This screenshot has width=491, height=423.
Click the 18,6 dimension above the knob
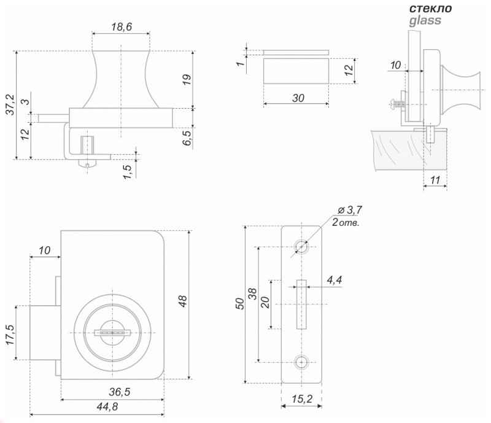tap(122, 27)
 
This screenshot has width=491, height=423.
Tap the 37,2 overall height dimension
tap(10, 104)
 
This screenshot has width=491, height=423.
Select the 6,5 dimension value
tap(187, 138)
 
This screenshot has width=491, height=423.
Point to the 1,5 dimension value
tap(127, 172)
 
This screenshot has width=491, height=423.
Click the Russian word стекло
tap(431, 8)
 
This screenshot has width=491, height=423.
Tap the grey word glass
tap(425, 21)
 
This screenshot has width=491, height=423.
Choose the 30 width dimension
tap(298, 98)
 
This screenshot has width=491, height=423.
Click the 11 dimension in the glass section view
tap(435, 180)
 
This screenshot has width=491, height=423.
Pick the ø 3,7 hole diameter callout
tap(350, 210)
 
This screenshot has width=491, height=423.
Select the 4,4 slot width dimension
tap(334, 279)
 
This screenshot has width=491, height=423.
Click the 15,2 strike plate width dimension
tap(302, 399)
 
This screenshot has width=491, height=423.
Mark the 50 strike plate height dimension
tap(239, 304)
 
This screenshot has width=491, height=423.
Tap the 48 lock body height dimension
tap(182, 301)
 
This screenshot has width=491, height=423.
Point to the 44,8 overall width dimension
tap(107, 406)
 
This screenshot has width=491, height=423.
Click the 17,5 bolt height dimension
tap(10, 335)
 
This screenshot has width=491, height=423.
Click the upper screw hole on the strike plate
tap(301, 247)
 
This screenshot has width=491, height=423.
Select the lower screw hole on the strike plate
tap(301, 362)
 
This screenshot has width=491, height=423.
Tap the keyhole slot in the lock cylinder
tap(112, 333)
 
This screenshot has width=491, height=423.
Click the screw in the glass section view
tap(397, 103)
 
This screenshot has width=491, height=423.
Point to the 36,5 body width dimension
tap(119, 392)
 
